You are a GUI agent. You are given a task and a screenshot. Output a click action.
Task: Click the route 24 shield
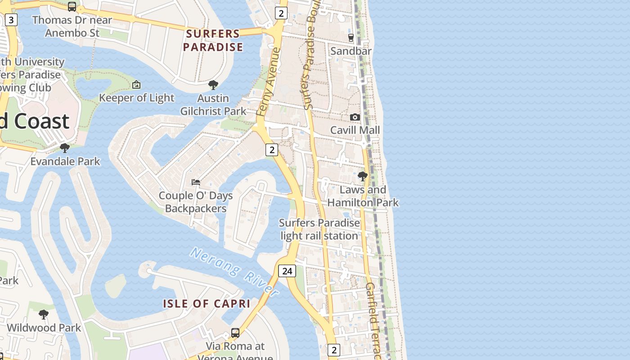click(287, 271)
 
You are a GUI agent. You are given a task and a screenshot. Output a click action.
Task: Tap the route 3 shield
click(11, 19)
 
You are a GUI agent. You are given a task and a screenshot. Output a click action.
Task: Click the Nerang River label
click(234, 271)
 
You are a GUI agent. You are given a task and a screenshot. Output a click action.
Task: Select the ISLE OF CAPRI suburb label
click(207, 304)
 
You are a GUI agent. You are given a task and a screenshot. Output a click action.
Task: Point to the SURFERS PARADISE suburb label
click(213, 40)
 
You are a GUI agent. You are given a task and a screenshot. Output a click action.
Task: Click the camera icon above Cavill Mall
click(355, 117)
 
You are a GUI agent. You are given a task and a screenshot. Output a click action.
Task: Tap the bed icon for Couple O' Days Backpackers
click(196, 182)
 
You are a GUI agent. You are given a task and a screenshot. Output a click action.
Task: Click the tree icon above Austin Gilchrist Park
click(213, 85)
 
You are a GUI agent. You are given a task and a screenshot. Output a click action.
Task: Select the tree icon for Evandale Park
click(65, 148)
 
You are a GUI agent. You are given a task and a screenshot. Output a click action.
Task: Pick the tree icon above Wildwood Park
click(44, 314)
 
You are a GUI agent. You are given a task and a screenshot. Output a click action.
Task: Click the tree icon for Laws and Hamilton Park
click(362, 176)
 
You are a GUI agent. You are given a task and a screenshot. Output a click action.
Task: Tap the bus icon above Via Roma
click(235, 333)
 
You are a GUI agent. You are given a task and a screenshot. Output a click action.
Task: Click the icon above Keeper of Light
click(136, 85)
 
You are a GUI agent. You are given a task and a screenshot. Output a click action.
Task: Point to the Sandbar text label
click(351, 51)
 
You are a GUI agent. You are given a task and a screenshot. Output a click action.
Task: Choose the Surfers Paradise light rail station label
click(319, 229)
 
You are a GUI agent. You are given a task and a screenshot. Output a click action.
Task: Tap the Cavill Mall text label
click(355, 130)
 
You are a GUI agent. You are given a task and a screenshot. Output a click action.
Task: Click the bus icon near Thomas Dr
click(72, 7)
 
